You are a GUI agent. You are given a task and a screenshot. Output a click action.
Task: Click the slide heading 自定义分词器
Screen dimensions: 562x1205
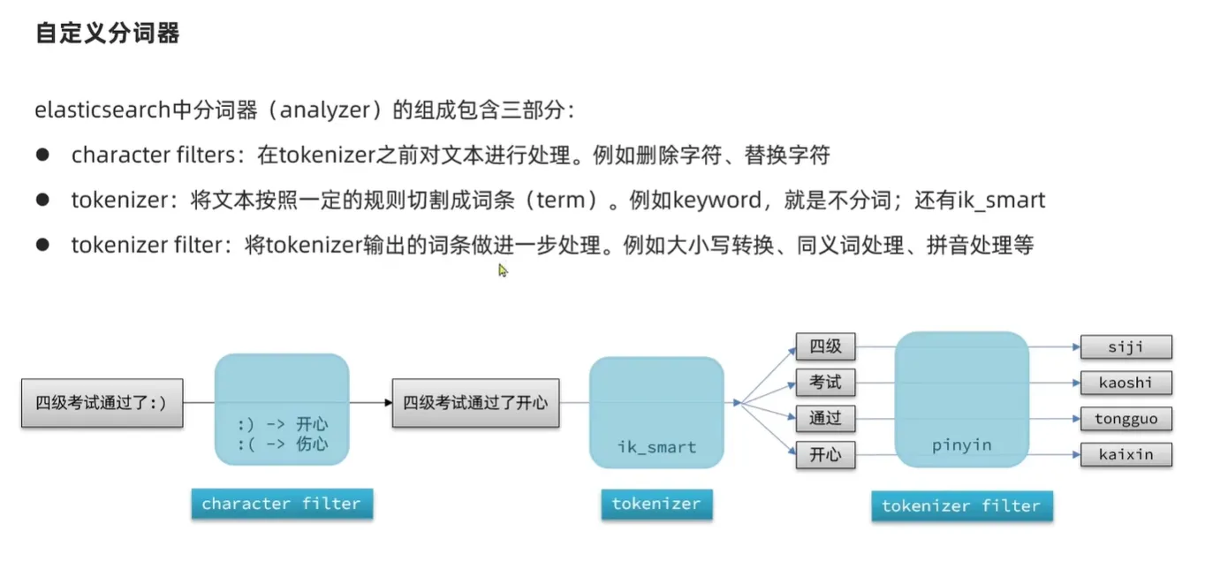107,34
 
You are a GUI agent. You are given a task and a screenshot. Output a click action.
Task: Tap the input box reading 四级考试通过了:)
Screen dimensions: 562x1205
102,403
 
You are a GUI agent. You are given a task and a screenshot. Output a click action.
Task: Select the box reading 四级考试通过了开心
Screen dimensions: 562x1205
475,403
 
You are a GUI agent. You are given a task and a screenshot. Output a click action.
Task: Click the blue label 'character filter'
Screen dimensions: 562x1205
281,504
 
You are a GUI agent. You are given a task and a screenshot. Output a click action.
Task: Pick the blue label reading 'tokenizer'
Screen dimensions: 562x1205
656,504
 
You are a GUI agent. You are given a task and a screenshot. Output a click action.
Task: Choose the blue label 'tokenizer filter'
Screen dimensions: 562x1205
961,505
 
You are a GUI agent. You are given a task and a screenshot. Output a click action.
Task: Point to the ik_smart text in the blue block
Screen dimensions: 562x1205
656,447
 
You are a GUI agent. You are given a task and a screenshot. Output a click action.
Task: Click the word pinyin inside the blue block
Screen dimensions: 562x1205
962,444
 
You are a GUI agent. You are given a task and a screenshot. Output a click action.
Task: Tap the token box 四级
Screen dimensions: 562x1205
825,346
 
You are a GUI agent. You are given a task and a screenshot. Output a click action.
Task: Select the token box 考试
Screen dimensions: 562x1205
825,383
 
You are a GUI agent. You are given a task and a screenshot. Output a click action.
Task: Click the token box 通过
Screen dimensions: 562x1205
825,419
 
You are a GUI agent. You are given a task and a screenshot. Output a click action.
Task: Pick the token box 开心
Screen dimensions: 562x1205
825,455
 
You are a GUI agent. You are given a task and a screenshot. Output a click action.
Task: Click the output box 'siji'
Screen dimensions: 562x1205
1125,346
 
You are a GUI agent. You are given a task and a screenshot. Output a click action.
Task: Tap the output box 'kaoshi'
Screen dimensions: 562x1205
1125,383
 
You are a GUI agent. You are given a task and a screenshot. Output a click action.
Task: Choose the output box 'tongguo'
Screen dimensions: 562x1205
1125,419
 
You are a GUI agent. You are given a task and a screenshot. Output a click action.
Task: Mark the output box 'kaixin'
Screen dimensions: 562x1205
1125,455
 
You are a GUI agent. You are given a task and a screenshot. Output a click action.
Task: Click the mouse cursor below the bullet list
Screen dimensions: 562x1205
503,270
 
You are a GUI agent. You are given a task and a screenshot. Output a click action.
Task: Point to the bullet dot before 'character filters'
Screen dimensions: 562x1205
42,155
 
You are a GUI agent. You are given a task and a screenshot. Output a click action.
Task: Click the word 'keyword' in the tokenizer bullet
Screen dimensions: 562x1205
716,201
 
